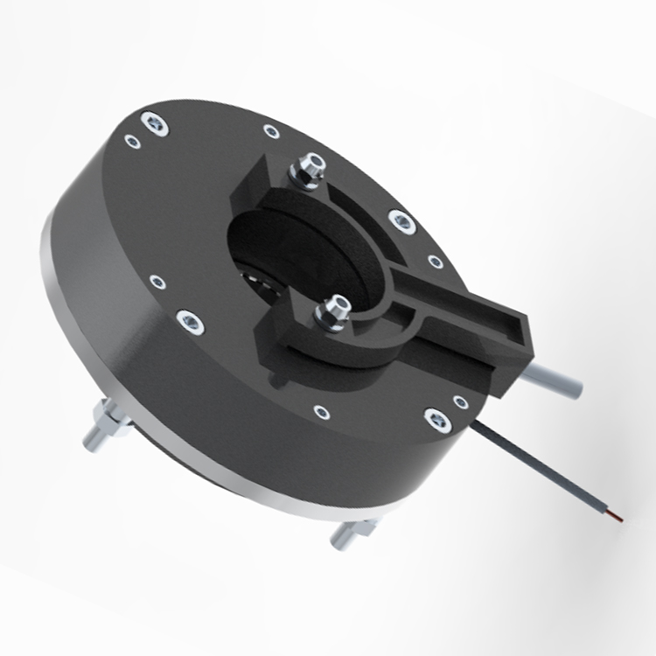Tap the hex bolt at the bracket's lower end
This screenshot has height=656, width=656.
tap(336, 311)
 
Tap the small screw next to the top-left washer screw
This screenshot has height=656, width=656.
tap(132, 140)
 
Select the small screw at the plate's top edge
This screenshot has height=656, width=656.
tap(272, 132)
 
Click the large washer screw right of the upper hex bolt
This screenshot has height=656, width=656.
tap(401, 220)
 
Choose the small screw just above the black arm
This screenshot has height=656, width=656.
tap(435, 261)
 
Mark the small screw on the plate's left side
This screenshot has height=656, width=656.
tap(157, 283)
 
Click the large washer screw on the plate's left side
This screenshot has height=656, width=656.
tap(189, 321)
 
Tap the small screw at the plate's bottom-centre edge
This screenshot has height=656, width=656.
tap(321, 409)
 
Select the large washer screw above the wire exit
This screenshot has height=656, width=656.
tap(435, 418)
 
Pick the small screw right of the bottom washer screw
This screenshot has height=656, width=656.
tap(460, 401)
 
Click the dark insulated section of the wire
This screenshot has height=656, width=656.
tap(542, 472)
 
